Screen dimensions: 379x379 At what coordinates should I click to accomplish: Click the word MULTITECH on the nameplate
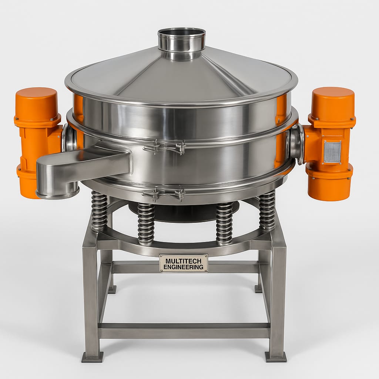[x=183, y=261]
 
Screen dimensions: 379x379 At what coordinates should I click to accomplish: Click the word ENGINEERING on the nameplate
[x=183, y=267]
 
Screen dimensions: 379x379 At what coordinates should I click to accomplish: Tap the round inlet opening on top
[x=181, y=33]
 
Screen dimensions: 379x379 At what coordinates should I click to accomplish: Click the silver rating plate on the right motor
[x=332, y=152]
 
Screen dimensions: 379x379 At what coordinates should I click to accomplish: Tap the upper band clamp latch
[x=164, y=147]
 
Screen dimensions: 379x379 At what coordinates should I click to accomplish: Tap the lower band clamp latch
[x=164, y=194]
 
